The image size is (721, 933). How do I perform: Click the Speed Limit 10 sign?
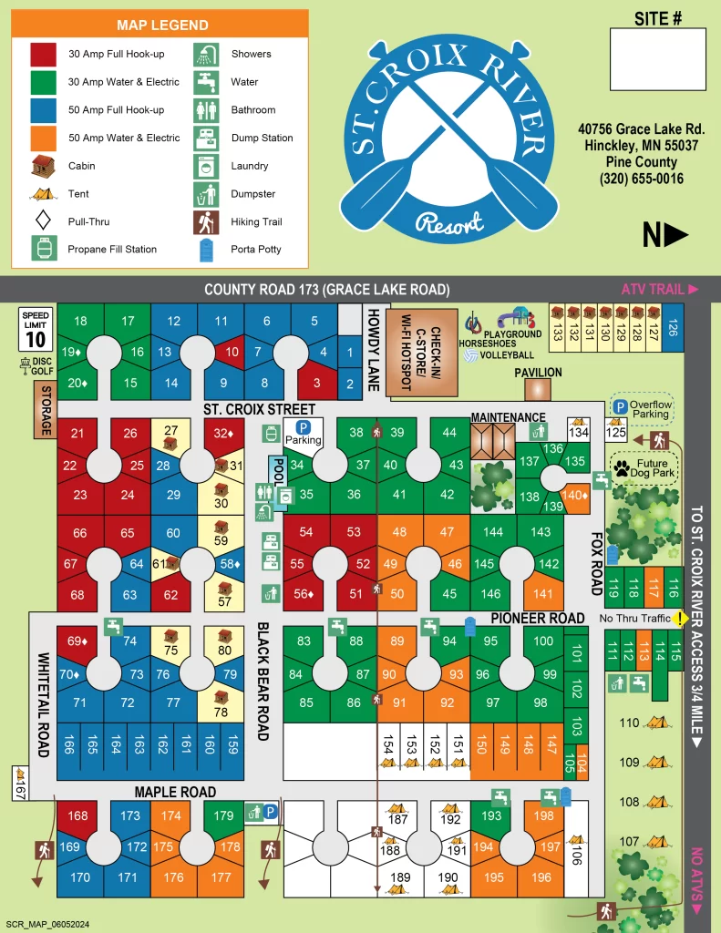pyautogui.click(x=36, y=329)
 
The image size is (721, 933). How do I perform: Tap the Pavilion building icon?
pyautogui.click(x=539, y=389)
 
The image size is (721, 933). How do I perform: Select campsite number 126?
pyautogui.click(x=673, y=327)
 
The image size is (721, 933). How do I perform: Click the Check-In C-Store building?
pyautogui.click(x=410, y=351)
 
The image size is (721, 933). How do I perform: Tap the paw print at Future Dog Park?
pyautogui.click(x=623, y=469)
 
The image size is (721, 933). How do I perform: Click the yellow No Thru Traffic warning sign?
pyautogui.click(x=680, y=619)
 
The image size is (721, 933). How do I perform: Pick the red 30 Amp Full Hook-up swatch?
pyautogui.click(x=43, y=54)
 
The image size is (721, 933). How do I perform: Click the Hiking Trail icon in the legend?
pyautogui.click(x=206, y=221)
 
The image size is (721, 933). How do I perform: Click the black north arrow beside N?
pyautogui.click(x=676, y=236)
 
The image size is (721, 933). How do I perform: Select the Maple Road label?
pyautogui.click(x=175, y=792)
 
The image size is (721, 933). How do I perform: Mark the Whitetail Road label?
pyautogui.click(x=43, y=702)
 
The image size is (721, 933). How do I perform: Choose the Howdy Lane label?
pyautogui.click(x=373, y=350)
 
